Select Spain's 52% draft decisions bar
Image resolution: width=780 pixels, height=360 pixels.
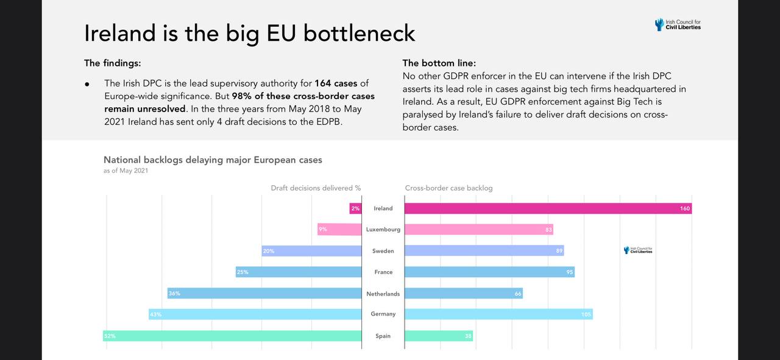tap(232, 336)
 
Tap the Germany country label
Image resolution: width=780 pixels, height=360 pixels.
tap(383, 314)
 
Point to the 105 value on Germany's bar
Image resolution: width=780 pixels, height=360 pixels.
tap(586, 314)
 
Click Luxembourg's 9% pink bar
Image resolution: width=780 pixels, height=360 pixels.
tap(339, 230)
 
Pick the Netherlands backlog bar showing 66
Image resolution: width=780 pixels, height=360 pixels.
tap(463, 294)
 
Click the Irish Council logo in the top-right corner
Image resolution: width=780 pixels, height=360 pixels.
tap(678, 24)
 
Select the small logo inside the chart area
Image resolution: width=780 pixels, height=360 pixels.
tap(638, 250)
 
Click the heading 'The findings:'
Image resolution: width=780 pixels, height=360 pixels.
tap(112, 63)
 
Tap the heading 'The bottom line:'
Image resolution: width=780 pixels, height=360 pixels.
tap(439, 63)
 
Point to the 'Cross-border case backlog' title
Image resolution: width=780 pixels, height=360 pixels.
tap(448, 188)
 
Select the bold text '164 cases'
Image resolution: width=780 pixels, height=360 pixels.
tap(336, 83)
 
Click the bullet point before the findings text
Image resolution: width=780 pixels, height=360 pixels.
tap(88, 84)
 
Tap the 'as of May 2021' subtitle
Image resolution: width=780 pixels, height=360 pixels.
tap(126, 171)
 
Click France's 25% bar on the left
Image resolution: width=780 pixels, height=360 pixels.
tap(299, 272)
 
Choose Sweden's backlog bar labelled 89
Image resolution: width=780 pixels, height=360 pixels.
tap(484, 251)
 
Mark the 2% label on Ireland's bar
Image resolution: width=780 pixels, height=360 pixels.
tap(355, 208)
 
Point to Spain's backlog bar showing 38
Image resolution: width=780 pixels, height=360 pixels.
tap(438, 336)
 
